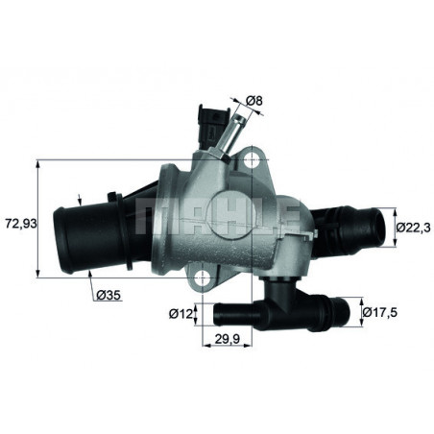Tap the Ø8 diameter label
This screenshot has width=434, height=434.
254,99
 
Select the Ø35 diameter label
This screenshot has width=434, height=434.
107,296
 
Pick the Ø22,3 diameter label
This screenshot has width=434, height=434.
412,227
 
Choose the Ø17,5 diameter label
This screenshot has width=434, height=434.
381,312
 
